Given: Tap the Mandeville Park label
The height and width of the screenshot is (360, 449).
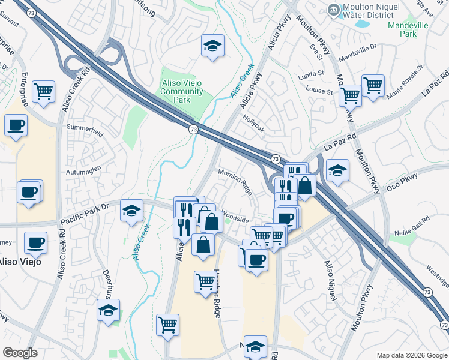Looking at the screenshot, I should click(x=411, y=29).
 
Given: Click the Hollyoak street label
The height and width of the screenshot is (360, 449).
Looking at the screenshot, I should click(x=253, y=119).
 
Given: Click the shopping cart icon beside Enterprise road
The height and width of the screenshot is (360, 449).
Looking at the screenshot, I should click(x=44, y=92).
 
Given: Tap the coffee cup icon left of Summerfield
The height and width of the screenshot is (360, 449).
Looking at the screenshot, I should click(x=16, y=125).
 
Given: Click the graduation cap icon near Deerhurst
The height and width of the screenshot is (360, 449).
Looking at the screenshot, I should click(x=108, y=310).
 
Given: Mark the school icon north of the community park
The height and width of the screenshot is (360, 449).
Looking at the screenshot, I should click(x=212, y=46).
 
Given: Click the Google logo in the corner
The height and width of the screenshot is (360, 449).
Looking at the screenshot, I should click(x=20, y=353).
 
